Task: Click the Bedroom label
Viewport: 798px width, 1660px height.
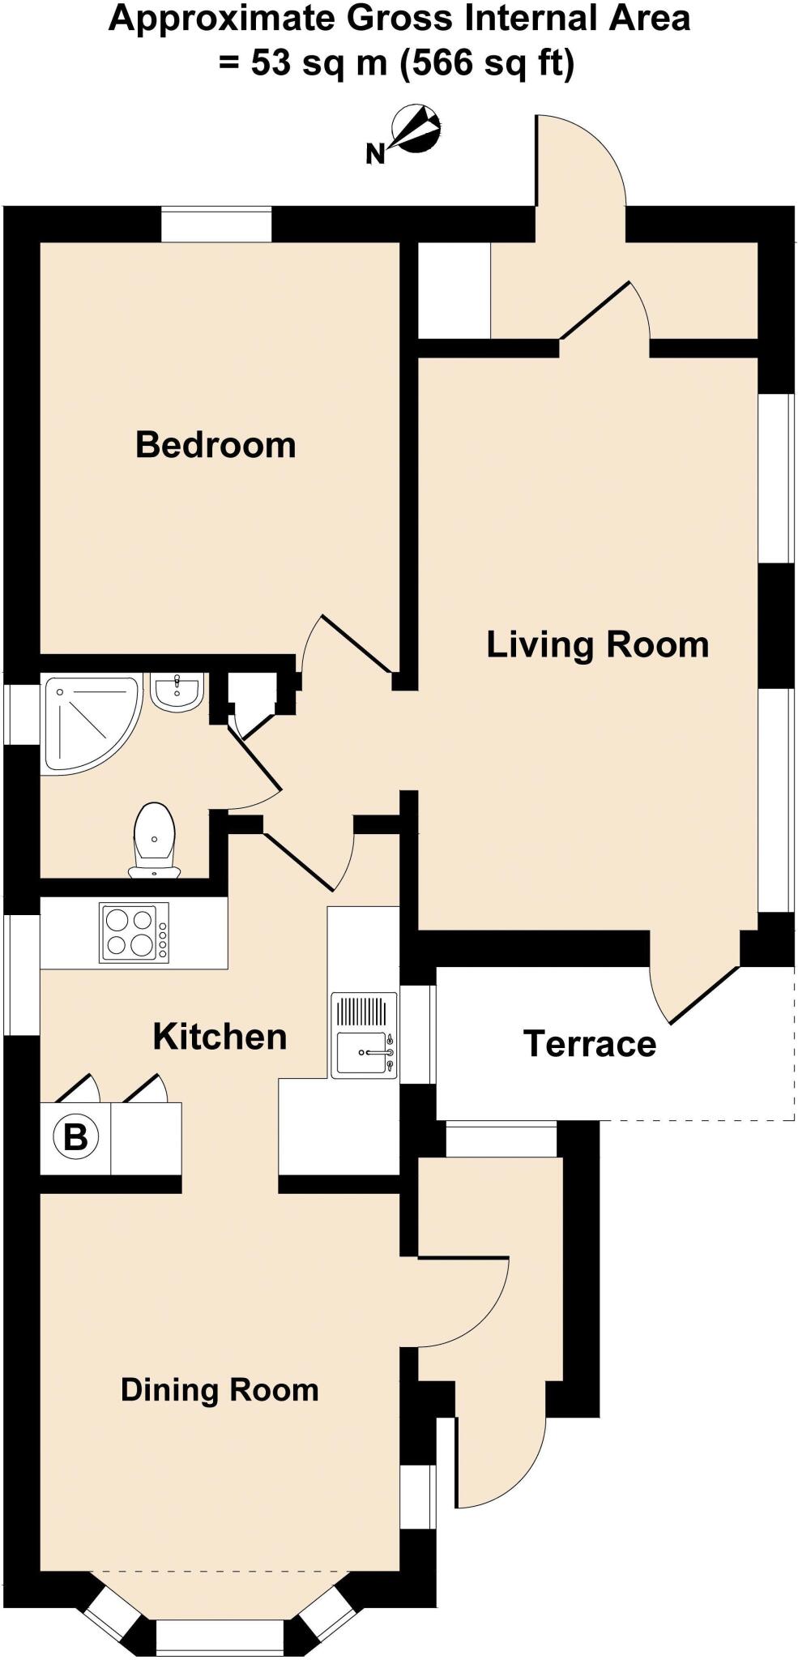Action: click(216, 445)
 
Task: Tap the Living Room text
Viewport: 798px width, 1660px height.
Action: click(597, 644)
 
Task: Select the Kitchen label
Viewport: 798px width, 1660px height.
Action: click(220, 1037)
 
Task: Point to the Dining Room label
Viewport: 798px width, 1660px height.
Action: click(220, 1389)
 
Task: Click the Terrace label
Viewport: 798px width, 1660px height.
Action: click(590, 1044)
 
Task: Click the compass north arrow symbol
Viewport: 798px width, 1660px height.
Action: click(417, 129)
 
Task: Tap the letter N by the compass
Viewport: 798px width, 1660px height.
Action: click(374, 154)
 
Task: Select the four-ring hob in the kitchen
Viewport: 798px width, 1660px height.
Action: click(134, 932)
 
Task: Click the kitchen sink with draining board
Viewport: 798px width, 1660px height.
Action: click(364, 1035)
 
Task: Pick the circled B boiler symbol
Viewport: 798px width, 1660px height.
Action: click(75, 1136)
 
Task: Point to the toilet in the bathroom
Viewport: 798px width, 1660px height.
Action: click(154, 840)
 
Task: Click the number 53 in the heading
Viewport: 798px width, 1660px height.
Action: click(270, 63)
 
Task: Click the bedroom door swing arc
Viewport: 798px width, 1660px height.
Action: click(309, 640)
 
